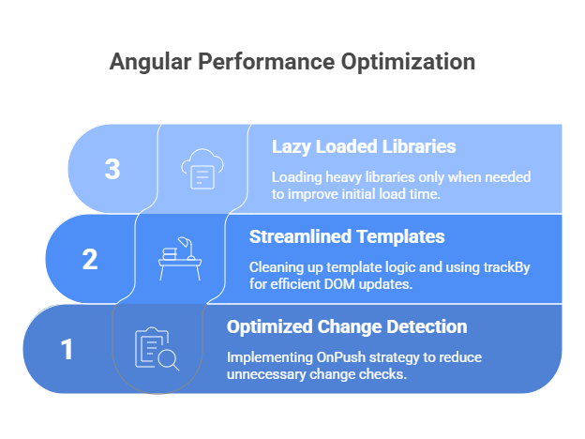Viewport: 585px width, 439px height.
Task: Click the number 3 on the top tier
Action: point(112,170)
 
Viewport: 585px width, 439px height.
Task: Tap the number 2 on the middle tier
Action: point(90,259)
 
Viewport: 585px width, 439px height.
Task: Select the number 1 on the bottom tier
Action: point(67,349)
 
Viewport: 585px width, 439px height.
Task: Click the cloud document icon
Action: point(202,170)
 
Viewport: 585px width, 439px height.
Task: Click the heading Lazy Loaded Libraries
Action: point(364,146)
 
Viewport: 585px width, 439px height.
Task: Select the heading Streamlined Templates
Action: point(346,236)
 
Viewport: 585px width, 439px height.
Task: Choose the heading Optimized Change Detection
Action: point(347,326)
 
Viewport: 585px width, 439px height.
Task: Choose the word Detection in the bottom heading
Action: point(426,326)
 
